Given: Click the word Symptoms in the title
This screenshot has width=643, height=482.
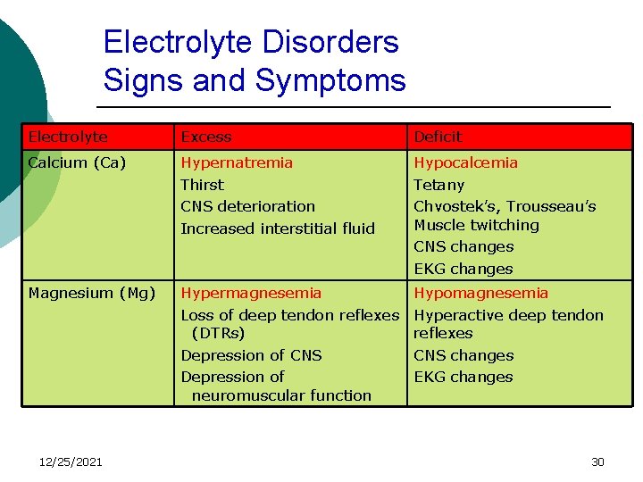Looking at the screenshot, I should click(x=330, y=80).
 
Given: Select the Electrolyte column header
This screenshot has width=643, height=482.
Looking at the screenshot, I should click(x=68, y=137).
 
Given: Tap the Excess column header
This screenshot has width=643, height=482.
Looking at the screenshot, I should click(x=206, y=137).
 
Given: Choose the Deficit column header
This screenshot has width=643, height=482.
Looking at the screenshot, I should click(x=438, y=137).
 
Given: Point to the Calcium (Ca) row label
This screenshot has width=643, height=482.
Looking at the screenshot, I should click(x=77, y=162).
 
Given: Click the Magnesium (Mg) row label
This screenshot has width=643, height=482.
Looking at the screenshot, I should click(x=92, y=293).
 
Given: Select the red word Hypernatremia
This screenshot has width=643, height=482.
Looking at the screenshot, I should click(x=237, y=162).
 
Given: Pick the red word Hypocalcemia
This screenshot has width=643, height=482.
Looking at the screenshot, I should click(x=465, y=162).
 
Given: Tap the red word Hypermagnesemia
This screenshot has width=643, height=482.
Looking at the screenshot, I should click(x=251, y=293).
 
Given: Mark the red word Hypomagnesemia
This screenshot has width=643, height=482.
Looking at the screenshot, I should click(x=481, y=293).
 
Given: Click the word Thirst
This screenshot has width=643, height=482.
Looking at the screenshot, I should click(x=203, y=185).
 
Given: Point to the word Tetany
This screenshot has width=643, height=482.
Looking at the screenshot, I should click(x=439, y=185).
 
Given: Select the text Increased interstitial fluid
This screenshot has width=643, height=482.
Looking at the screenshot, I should click(x=278, y=229).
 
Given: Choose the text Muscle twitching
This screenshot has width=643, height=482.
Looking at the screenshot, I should click(x=477, y=225).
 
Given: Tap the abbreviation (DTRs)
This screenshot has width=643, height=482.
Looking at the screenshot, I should click(x=218, y=333).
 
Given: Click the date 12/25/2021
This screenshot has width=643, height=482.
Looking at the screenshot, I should click(x=71, y=461).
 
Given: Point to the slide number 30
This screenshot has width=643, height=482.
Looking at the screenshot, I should click(x=597, y=461).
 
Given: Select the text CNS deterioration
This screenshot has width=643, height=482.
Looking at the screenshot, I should click(x=247, y=206).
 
